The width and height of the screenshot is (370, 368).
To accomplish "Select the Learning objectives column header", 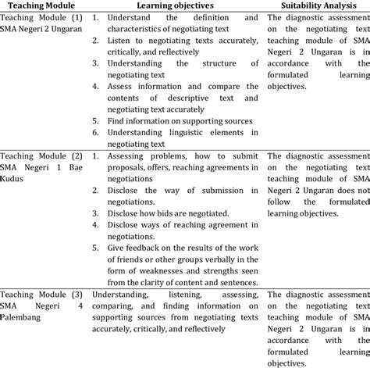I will pyautogui.click(x=176, y=5).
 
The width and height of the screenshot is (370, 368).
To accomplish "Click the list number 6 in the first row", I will pyautogui.click(x=94, y=133).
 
